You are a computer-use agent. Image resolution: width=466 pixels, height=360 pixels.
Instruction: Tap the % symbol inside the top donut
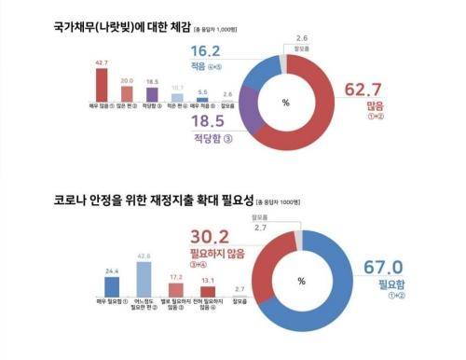301,103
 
